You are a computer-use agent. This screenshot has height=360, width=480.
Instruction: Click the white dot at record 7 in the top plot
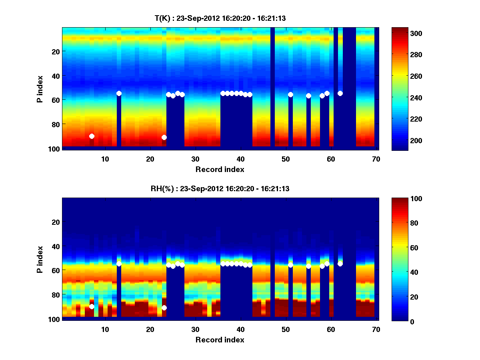[92, 136]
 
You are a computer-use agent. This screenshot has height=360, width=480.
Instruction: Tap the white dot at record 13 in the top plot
[119, 93]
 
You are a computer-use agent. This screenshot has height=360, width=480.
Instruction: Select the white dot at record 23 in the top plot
[164, 137]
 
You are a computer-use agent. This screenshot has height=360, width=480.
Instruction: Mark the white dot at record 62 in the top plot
[340, 93]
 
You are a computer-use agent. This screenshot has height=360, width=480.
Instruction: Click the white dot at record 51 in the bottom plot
[290, 265]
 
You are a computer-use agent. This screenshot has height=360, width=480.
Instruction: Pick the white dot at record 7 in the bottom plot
[92, 306]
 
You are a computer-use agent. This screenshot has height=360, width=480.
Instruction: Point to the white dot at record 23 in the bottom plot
[164, 308]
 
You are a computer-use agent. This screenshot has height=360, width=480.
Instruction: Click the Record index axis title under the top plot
[220, 169]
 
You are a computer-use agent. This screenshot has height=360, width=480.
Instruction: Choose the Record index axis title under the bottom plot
[220, 340]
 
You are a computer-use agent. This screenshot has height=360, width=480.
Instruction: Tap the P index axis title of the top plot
[40, 88]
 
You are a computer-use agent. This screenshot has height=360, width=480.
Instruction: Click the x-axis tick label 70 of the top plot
[376, 159]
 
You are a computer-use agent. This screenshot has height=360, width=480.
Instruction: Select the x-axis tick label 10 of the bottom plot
[105, 329]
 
